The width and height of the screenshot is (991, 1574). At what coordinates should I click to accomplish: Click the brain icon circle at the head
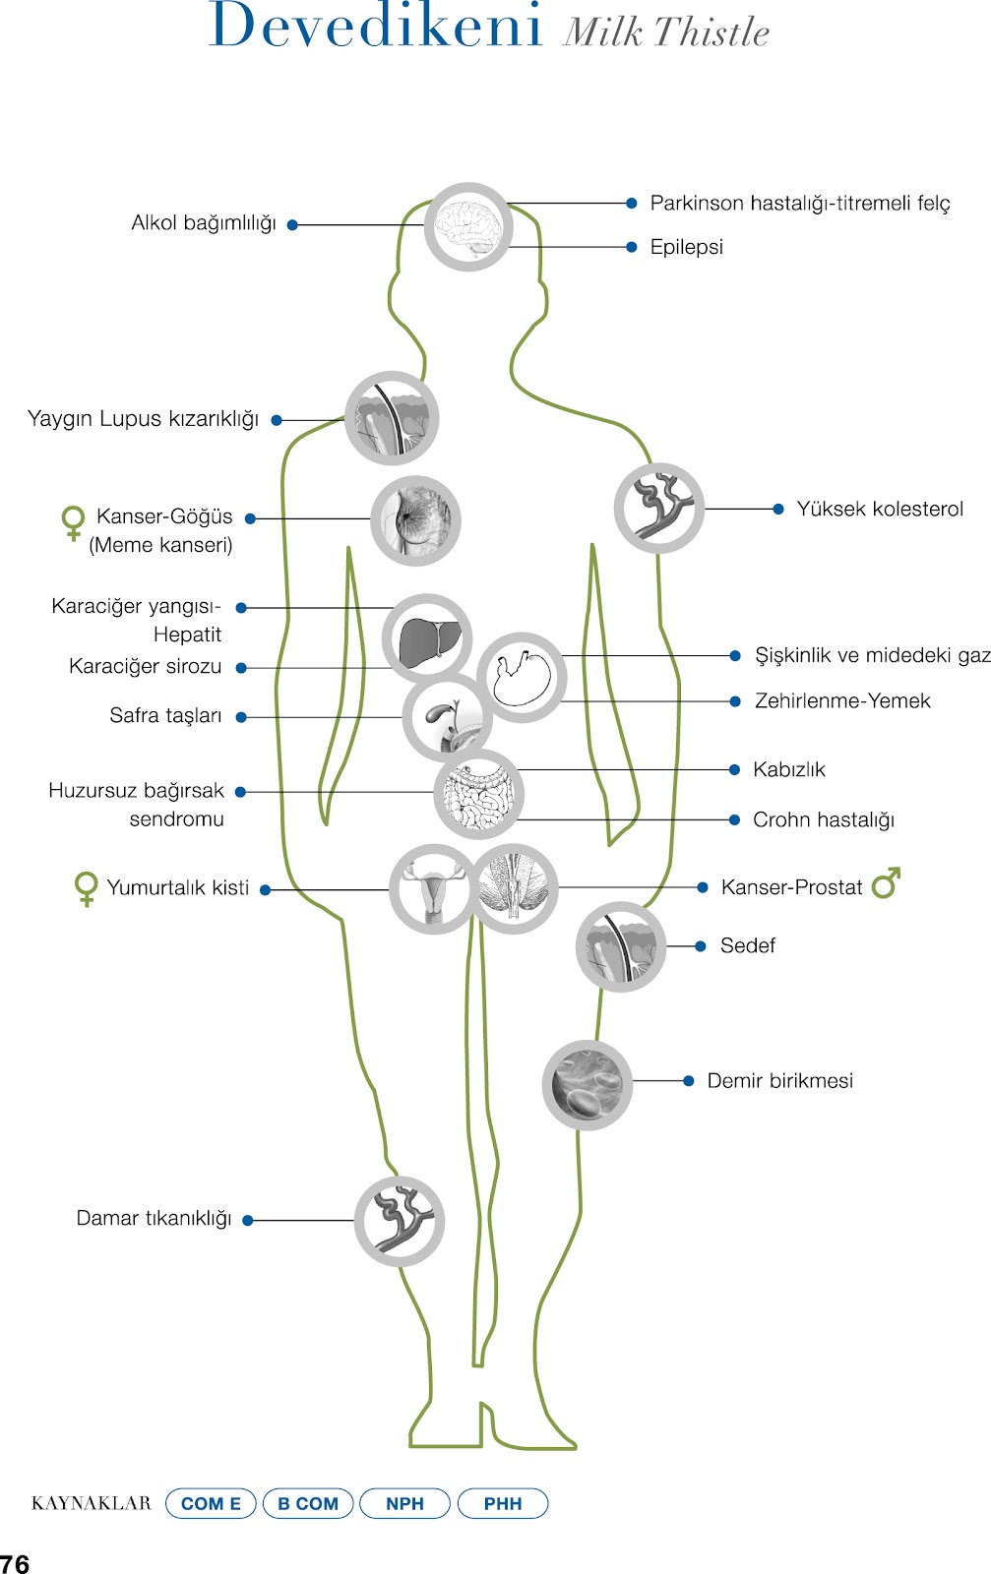(468, 227)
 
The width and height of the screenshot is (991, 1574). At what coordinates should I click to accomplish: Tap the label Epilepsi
(686, 247)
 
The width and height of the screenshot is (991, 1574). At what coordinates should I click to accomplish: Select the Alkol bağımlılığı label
(204, 223)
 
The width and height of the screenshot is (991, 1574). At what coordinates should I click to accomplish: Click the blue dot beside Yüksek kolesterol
(778, 509)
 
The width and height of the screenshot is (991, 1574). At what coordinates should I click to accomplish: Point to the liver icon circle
(427, 638)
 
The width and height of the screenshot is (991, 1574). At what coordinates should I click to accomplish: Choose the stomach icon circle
(522, 677)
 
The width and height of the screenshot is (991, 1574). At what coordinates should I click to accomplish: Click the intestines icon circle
(478, 794)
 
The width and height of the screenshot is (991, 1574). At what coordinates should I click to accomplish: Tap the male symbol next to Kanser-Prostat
(886, 883)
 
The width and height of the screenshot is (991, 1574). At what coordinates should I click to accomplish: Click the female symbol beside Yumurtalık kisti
(87, 888)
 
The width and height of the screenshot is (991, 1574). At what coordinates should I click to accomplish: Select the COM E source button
(211, 1503)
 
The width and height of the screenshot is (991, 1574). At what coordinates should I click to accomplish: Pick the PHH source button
(503, 1503)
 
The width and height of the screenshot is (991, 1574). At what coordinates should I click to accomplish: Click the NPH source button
(404, 1503)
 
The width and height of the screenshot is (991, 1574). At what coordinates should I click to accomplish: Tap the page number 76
(15, 1563)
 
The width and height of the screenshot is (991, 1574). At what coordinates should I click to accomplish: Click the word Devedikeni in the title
(376, 26)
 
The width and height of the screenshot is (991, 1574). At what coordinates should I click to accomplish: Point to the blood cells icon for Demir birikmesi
(587, 1085)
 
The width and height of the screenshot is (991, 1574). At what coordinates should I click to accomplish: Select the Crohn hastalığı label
(823, 820)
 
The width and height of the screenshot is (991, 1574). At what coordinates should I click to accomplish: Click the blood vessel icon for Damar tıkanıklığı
(400, 1221)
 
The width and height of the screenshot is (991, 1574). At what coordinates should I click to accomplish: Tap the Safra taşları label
(165, 716)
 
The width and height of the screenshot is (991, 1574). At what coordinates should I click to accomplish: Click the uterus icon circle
(433, 888)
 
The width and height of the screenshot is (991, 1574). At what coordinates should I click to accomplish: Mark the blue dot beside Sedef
(701, 946)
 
